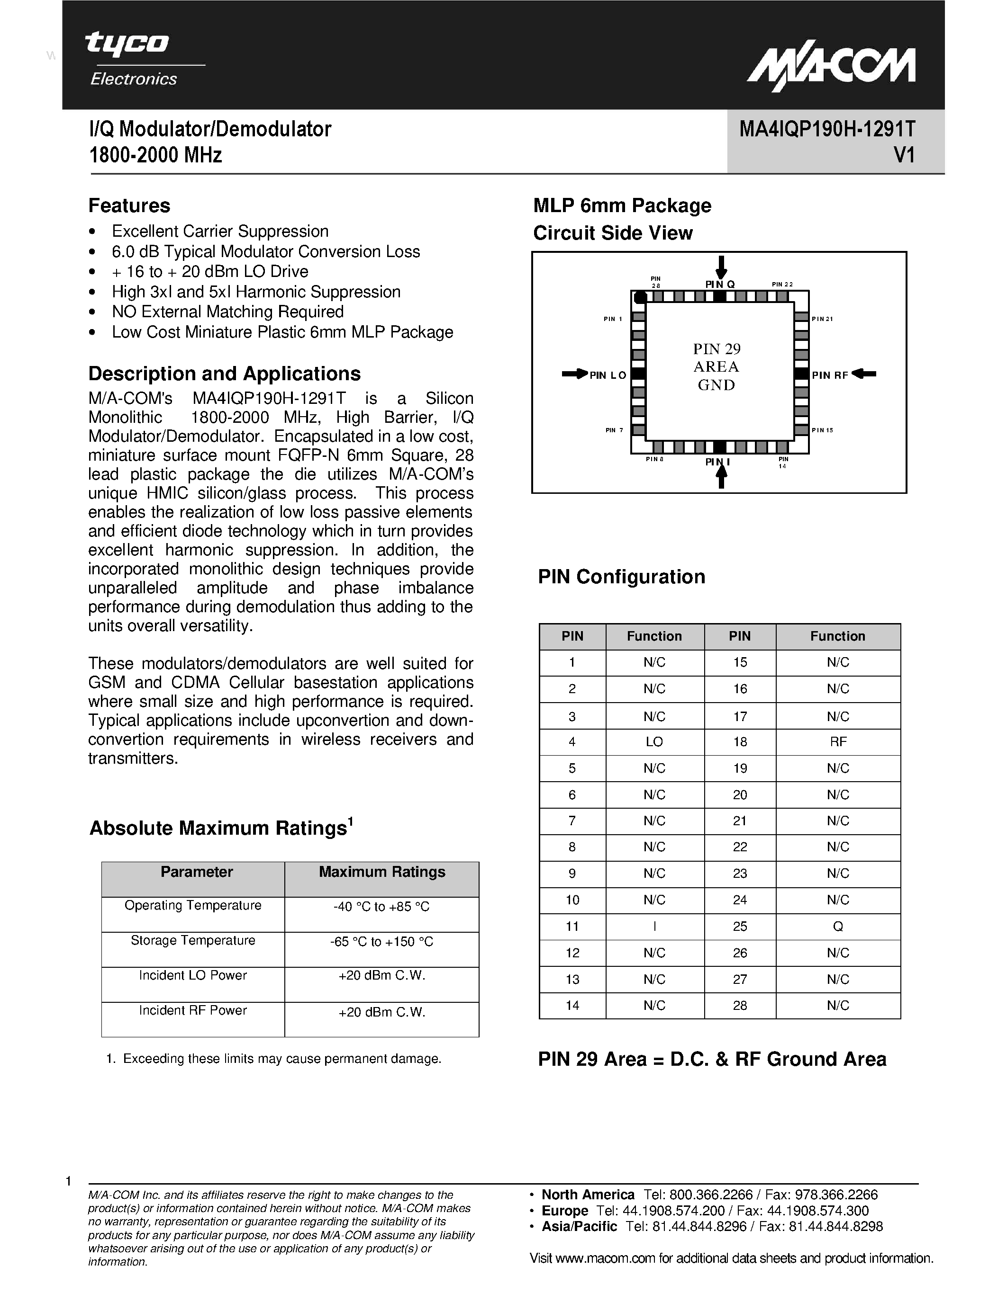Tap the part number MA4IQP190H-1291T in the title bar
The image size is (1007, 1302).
pyautogui.click(x=827, y=129)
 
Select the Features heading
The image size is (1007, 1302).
pyautogui.click(x=129, y=205)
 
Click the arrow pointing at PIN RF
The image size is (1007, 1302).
pyautogui.click(x=864, y=374)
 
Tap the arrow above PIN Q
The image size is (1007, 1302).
pyautogui.click(x=721, y=267)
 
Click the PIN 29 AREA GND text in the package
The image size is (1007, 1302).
pyautogui.click(x=717, y=366)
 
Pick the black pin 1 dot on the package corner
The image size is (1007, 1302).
pyautogui.click(x=640, y=297)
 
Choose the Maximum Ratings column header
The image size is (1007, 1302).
pyautogui.click(x=382, y=872)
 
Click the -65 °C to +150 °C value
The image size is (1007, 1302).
pyautogui.click(x=382, y=942)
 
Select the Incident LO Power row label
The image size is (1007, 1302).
pyautogui.click(x=193, y=975)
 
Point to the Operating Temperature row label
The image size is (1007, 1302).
pyautogui.click(x=193, y=906)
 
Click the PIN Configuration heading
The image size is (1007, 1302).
pyautogui.click(x=621, y=577)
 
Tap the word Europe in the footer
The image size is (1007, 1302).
pyautogui.click(x=564, y=1211)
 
